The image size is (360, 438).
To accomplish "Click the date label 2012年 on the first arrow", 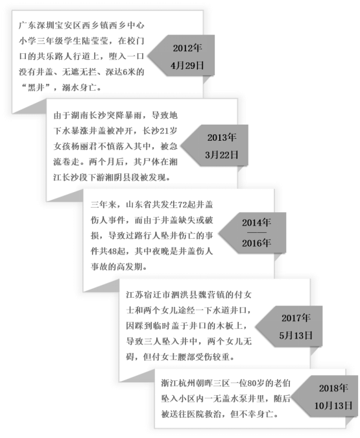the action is [x=187, y=48].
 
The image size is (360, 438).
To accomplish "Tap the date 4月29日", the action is [x=187, y=66].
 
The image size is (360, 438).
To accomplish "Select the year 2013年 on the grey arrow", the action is [x=222, y=137].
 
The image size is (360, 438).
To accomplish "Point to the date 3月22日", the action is [x=222, y=154].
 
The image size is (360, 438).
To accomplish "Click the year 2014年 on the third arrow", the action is [x=256, y=223].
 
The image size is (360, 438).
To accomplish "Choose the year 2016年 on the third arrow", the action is [x=256, y=243].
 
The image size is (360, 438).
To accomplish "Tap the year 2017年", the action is [x=296, y=317].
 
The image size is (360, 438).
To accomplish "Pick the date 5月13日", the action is [x=296, y=335].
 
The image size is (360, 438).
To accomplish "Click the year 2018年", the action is [x=333, y=388].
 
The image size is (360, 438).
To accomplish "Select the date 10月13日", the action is [x=333, y=406].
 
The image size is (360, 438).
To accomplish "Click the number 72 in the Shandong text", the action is [x=182, y=205].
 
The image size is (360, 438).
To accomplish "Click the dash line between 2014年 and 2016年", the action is [x=257, y=232].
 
